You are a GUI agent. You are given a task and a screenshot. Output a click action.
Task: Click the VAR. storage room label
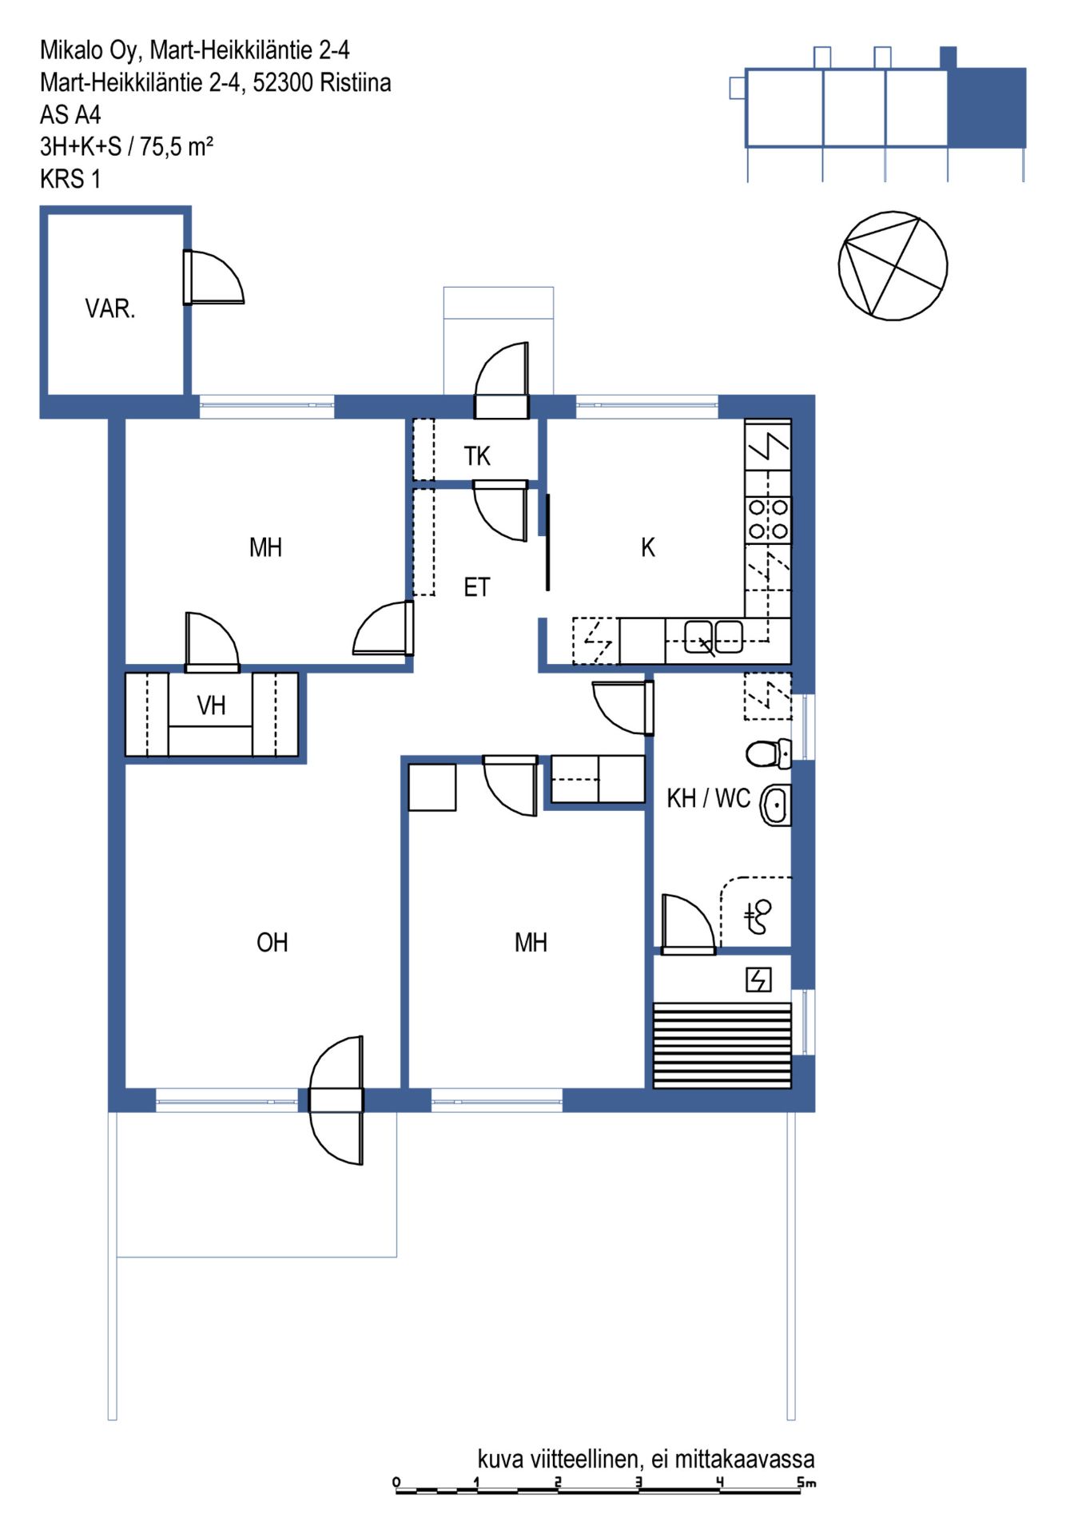click(110, 308)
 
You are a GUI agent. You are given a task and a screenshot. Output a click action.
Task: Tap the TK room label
click(477, 456)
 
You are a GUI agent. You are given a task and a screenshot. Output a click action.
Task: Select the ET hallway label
click(476, 587)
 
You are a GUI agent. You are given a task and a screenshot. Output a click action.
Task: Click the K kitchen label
click(648, 547)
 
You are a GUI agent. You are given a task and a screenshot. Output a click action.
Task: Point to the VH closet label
click(211, 705)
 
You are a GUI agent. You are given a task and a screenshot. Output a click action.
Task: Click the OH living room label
click(272, 942)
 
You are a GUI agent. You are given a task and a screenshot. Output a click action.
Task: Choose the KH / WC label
click(709, 798)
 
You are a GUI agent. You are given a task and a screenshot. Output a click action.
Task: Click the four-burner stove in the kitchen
click(768, 519)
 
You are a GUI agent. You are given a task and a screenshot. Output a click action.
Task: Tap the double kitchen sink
click(714, 637)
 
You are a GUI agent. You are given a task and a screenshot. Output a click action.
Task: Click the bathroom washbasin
click(775, 805)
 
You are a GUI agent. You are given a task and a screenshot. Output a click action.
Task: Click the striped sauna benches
click(722, 1045)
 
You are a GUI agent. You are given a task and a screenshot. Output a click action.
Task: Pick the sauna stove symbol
click(758, 979)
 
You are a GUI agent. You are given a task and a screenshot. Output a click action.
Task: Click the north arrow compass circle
click(893, 266)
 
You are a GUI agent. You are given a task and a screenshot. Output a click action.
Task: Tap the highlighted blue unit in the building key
click(987, 107)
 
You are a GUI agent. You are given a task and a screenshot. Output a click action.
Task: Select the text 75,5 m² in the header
click(176, 146)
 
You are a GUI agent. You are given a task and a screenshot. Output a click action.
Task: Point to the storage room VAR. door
click(213, 277)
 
